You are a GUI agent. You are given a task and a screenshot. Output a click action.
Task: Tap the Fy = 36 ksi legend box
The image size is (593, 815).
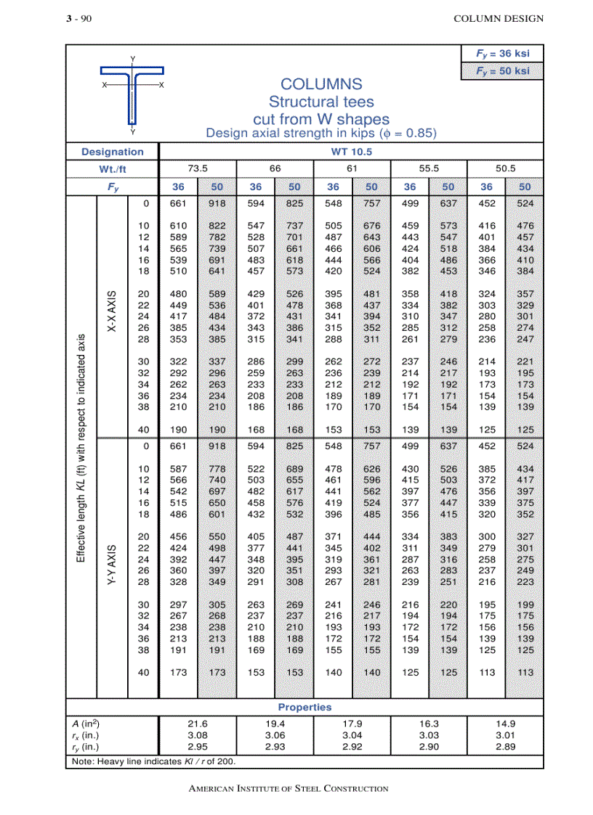(x=502, y=54)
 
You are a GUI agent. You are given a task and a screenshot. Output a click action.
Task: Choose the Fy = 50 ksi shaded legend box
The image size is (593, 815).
(x=502, y=71)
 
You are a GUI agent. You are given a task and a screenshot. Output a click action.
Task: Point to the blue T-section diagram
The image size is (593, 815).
(x=132, y=94)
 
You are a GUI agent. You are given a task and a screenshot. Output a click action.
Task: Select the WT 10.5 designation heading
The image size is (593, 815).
(x=351, y=152)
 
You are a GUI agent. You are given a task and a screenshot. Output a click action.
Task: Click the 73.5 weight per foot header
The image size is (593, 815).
(x=198, y=168)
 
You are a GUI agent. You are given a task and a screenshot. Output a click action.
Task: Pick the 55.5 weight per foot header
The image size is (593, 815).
(x=429, y=168)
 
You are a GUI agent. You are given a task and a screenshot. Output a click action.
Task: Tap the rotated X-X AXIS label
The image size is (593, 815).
(x=112, y=312)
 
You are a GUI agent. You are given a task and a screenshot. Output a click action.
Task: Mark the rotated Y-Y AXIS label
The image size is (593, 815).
(x=112, y=565)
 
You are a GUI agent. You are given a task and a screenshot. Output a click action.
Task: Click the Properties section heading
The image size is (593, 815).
(x=304, y=707)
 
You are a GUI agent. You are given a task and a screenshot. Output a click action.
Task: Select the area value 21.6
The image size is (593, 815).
(x=198, y=724)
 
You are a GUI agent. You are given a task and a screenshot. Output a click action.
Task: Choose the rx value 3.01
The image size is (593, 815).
(x=506, y=735)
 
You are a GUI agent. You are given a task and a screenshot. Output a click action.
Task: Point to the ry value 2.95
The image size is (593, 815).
(x=198, y=747)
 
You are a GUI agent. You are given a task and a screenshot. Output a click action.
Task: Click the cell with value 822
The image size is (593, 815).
(x=217, y=226)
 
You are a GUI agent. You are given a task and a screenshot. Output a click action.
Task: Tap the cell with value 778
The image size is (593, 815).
(x=217, y=469)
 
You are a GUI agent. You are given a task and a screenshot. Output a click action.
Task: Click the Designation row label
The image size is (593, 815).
(x=113, y=152)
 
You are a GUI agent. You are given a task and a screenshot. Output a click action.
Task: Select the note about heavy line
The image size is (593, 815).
(x=153, y=761)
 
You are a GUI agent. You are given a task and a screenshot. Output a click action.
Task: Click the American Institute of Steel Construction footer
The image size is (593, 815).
(x=288, y=788)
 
